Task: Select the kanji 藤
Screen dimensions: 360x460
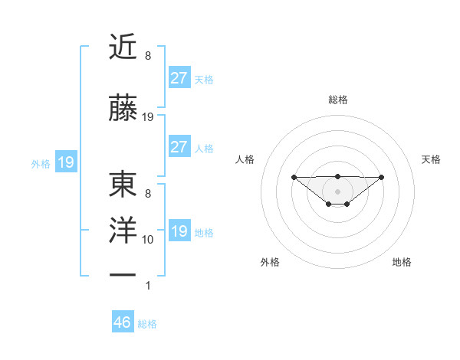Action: (123, 109)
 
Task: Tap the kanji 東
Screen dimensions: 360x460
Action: (123, 184)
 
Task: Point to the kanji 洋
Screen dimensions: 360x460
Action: (123, 232)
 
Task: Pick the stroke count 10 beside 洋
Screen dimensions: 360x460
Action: (148, 240)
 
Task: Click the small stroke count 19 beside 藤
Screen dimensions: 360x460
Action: (148, 117)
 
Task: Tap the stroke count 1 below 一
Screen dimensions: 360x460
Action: (148, 286)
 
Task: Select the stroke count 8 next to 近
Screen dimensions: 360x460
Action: (148, 56)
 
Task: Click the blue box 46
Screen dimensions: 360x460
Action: (123, 322)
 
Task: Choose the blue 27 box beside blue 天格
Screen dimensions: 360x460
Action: (179, 78)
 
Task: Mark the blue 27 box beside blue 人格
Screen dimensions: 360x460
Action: (179, 147)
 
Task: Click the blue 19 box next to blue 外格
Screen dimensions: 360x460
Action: (65, 162)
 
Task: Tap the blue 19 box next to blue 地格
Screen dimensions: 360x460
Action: (179, 231)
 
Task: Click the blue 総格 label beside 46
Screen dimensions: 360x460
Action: (147, 324)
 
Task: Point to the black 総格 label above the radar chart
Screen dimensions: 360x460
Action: (337, 100)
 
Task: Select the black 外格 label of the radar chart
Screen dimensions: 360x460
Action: (270, 262)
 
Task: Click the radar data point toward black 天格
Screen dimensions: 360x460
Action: (382, 177)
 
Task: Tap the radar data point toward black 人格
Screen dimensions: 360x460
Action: (294, 177)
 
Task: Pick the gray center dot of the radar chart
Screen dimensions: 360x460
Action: (337, 191)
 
